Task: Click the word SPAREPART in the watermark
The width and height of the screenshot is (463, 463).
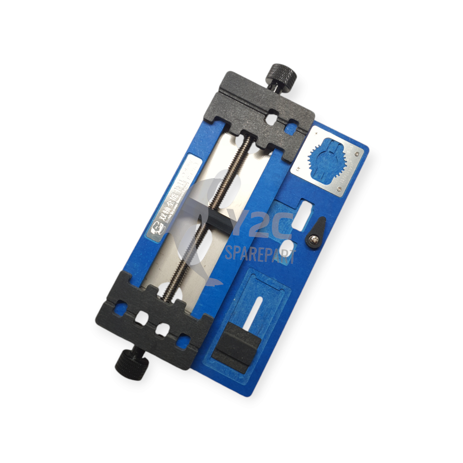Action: [x=260, y=256]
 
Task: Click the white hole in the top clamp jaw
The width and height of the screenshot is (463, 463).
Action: [x=272, y=118]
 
